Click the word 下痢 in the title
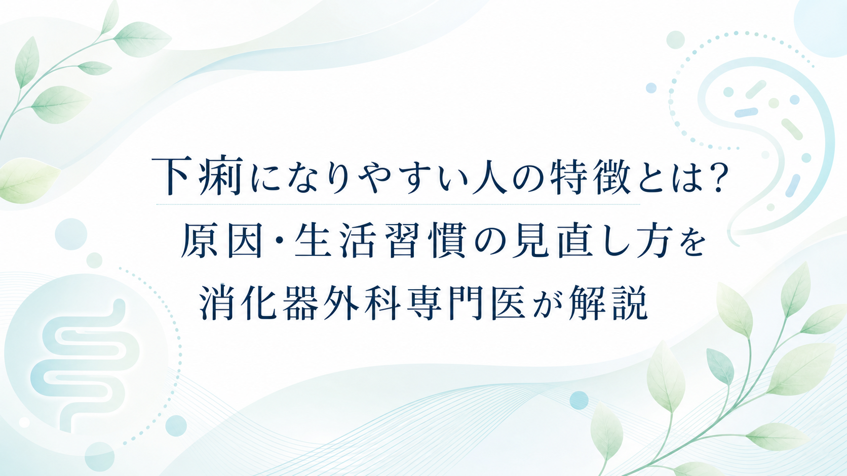coord(197,176)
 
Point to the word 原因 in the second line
coord(221,240)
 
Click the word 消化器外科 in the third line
coord(300,302)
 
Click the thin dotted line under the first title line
coord(398,204)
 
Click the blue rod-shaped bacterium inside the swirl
coord(746,112)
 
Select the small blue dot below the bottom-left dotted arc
coord(176,426)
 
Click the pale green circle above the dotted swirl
coord(675,40)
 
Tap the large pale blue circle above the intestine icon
coord(71,234)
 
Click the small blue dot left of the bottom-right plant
coord(579,401)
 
